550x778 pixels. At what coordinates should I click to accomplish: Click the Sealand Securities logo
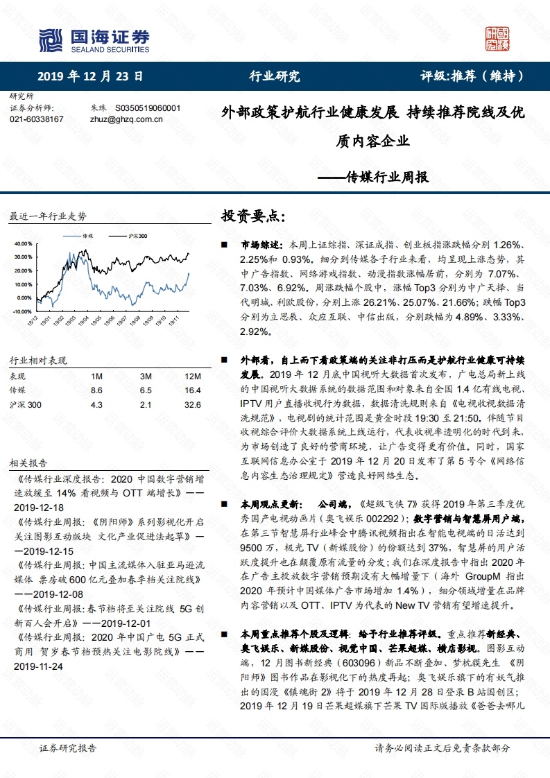point(94,40)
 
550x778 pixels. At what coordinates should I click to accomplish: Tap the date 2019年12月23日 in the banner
point(90,76)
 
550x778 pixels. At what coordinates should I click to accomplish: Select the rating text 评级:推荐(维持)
point(472,76)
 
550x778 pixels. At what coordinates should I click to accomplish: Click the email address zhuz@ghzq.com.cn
point(126,119)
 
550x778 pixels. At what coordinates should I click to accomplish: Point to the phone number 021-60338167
point(37,119)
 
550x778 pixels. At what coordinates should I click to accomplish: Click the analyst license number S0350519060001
point(147,108)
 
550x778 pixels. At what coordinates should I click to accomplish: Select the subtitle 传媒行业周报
point(387,177)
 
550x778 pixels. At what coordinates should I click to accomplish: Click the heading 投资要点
point(252,216)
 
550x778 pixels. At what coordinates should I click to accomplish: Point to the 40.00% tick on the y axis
point(23,243)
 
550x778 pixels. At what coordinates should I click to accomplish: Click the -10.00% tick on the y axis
point(22,311)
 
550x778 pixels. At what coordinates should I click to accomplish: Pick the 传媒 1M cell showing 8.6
point(96,390)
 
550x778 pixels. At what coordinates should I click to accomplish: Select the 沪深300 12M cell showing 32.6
point(194,405)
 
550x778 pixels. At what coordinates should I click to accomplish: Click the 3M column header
point(145,376)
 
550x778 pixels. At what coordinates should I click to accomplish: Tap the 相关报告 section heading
point(28,463)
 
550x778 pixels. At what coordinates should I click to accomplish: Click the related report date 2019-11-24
point(37,666)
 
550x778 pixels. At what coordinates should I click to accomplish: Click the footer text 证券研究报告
point(68,748)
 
